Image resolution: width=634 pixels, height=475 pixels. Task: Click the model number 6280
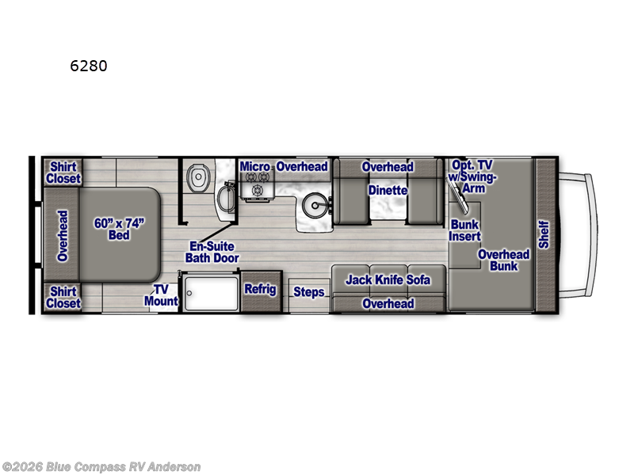pos(88,66)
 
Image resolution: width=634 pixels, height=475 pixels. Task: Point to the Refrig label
pos(260,289)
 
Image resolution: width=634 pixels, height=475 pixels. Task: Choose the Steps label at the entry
pos(309,292)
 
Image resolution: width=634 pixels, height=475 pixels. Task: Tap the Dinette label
pos(388,190)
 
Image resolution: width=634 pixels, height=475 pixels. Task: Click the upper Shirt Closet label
pos(63,173)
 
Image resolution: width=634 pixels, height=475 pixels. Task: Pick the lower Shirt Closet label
pos(63,297)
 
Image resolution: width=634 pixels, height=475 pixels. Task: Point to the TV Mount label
pos(161,294)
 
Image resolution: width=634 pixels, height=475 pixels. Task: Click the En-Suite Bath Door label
pos(212,252)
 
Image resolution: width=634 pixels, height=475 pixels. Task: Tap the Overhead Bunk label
pos(503,260)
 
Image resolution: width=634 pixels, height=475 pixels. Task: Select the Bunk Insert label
pos(465,230)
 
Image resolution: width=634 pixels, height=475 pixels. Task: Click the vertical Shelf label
pos(544,235)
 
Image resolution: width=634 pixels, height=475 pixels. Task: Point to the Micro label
pos(256,166)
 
